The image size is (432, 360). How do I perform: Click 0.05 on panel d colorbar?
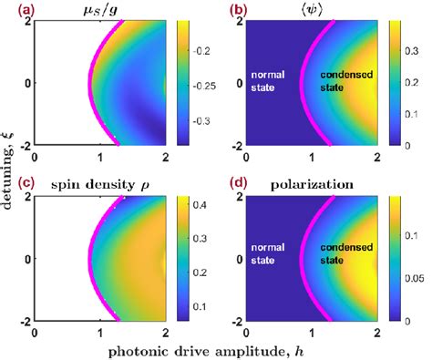click(x=417, y=276)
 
